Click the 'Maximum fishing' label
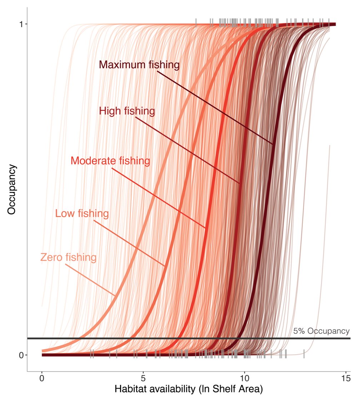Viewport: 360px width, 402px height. pyautogui.click(x=139, y=65)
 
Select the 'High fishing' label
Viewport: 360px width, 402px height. pyautogui.click(x=127, y=111)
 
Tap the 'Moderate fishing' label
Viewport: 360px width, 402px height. pyautogui.click(x=110, y=161)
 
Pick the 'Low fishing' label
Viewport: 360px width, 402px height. pyautogui.click(x=82, y=214)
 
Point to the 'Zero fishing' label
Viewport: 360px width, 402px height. pyautogui.click(x=68, y=257)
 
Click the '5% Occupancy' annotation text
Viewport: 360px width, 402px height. pyautogui.click(x=321, y=331)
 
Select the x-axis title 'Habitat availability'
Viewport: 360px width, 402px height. pyautogui.click(x=189, y=389)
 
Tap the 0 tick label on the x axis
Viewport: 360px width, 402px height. pyautogui.click(x=42, y=378)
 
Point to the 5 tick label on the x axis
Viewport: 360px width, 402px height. pyautogui.click(x=143, y=378)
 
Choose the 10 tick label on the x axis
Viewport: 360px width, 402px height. pyautogui.click(x=244, y=378)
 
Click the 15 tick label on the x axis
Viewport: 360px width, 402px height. pyautogui.click(x=346, y=378)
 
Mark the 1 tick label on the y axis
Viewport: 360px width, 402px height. pyautogui.click(x=21, y=24)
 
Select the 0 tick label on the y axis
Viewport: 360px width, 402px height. pyautogui.click(x=21, y=355)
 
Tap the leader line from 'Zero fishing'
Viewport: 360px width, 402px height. pyautogui.click(x=95, y=281)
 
